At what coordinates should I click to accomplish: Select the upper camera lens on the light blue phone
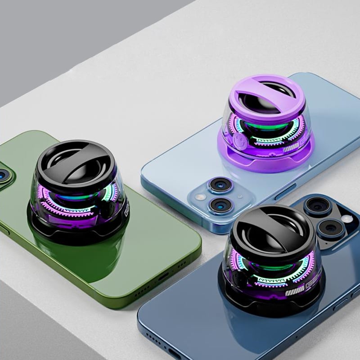coord(220,185)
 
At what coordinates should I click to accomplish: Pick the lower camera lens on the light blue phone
coord(221,205)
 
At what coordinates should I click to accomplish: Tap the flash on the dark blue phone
coord(346,219)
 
